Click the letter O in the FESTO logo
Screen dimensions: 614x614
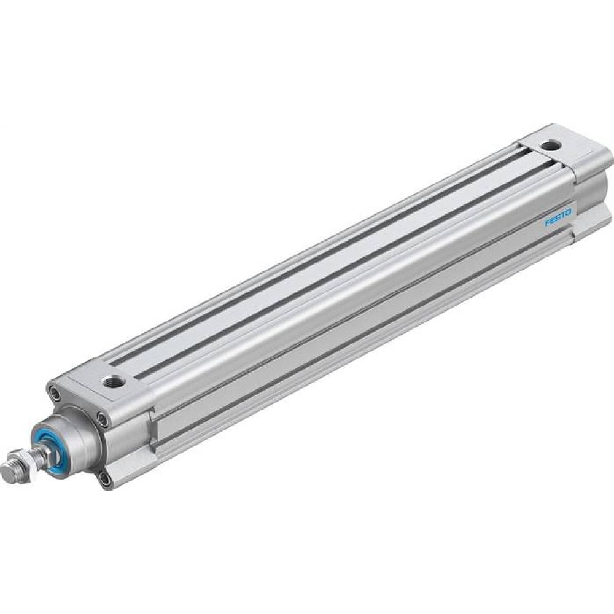(568, 211)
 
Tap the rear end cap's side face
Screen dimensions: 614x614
(592, 184)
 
